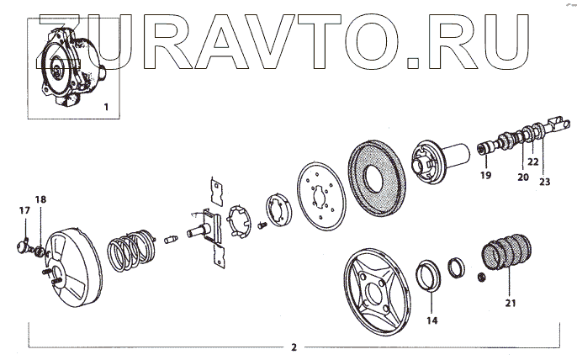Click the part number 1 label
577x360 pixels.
tap(105, 107)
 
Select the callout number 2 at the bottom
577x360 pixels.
tap(293, 347)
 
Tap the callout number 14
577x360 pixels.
tap(432, 320)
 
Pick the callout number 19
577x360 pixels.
tap(485, 175)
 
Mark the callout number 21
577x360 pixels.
tap(510, 302)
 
